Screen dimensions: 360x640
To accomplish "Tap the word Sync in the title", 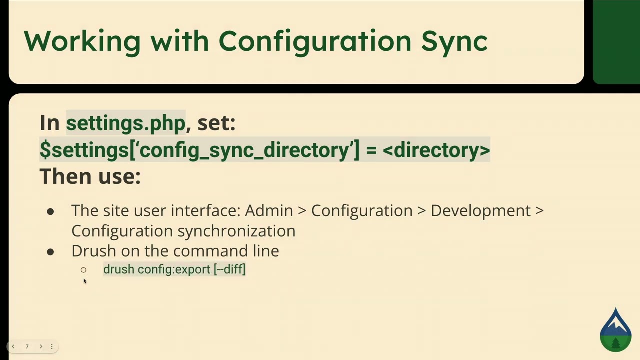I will click(454, 41).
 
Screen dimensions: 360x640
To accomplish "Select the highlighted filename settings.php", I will click(125, 123).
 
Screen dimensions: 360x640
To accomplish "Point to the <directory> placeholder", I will click(436, 150).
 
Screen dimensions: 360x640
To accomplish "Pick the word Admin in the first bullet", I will click(269, 211).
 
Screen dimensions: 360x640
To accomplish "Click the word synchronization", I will click(236, 231).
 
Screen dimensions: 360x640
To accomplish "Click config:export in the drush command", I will click(174, 269).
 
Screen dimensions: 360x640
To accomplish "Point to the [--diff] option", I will click(230, 269).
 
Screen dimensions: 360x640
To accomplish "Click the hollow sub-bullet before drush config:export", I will click(83, 270).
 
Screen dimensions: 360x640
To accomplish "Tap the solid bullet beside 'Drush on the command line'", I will click(50, 252).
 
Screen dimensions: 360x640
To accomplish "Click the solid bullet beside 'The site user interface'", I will click(50, 212).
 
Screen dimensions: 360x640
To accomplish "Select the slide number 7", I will click(27, 346).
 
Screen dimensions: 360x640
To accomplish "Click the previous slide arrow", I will click(13, 346).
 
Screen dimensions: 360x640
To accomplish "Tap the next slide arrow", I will click(41, 346).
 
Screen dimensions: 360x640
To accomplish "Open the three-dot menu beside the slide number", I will click(51, 346).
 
